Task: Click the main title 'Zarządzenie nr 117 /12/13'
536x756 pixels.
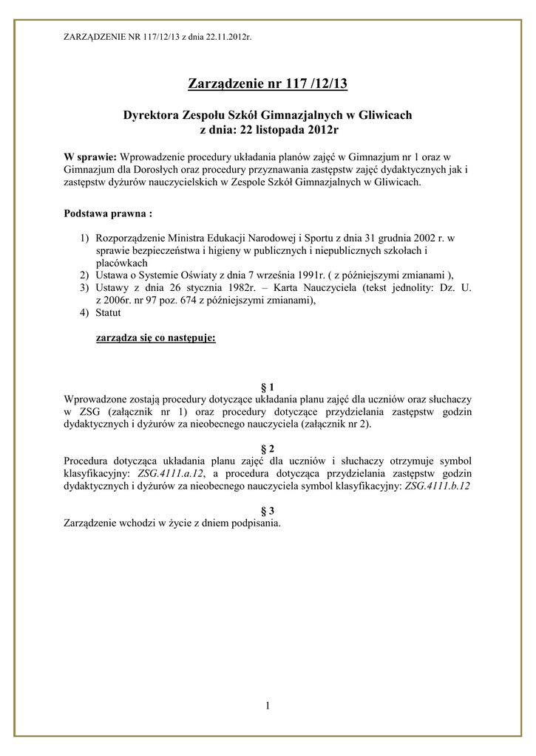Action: pyautogui.click(x=268, y=83)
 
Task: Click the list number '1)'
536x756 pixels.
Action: pyautogui.click(x=85, y=239)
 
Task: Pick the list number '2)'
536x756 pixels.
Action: pyautogui.click(x=85, y=275)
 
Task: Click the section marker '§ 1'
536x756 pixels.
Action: pyautogui.click(x=268, y=387)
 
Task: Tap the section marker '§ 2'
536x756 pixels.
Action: pyautogui.click(x=268, y=448)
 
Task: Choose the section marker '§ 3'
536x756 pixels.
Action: pyautogui.click(x=268, y=510)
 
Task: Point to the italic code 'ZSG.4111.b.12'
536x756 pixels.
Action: pyautogui.click(x=438, y=486)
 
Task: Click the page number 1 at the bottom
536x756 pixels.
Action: pyautogui.click(x=268, y=707)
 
